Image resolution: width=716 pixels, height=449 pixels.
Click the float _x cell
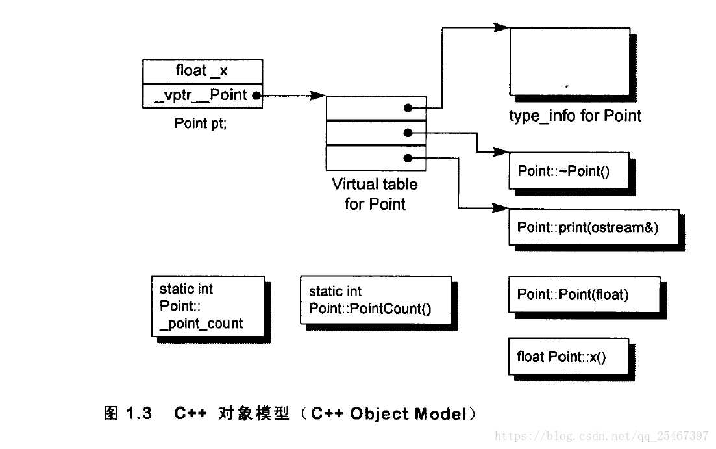coord(202,71)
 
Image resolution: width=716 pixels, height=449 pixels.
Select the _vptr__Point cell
coord(202,95)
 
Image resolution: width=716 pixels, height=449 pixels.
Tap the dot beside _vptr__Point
coord(256,96)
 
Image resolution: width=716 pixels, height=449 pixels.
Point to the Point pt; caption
coord(201,123)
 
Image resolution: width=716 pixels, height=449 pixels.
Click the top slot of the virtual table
coord(376,108)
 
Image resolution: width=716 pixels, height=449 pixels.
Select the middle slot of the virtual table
coord(376,133)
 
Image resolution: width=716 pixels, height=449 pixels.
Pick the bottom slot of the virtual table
coord(376,157)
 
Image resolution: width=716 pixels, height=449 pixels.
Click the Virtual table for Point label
coord(375,194)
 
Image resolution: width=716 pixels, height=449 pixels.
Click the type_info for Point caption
coord(575,116)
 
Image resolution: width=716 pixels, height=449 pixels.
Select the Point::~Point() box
coord(569,171)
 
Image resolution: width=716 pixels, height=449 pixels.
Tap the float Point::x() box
coord(568,356)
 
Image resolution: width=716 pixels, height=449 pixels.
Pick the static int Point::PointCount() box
coord(375,300)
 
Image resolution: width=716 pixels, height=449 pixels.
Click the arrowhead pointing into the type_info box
coord(500,28)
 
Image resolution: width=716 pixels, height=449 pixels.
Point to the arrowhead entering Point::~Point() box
coord(500,152)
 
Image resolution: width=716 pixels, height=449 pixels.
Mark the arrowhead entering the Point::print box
coord(500,209)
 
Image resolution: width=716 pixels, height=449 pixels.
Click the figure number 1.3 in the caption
coord(138,414)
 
